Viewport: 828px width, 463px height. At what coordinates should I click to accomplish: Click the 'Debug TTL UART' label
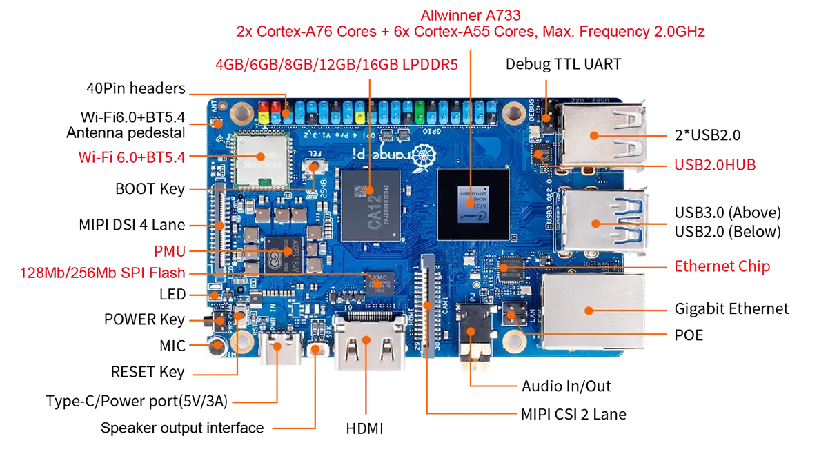point(563,64)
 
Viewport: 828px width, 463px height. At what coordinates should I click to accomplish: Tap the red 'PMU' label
point(170,251)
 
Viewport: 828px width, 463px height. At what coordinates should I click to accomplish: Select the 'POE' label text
point(689,335)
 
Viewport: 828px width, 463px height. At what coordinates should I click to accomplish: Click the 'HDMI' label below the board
point(364,428)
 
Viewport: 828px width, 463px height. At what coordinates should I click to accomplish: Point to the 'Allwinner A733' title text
point(471,15)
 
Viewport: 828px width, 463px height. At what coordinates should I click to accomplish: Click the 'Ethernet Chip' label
point(722,266)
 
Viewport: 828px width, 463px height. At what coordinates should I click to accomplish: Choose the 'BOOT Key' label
point(150,189)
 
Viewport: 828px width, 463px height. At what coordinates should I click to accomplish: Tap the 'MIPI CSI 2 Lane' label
point(573,414)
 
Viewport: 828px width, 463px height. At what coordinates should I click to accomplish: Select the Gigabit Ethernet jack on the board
point(593,311)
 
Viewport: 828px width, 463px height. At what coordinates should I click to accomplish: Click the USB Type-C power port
point(281,346)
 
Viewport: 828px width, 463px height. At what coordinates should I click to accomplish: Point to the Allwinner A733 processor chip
point(473,205)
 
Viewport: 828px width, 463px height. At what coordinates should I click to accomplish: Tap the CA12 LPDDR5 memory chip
point(371,206)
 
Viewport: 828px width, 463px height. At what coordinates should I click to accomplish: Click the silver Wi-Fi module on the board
point(262,160)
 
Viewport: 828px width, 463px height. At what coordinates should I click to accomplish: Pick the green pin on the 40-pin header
point(420,112)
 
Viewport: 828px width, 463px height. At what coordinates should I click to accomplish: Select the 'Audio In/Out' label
point(566,386)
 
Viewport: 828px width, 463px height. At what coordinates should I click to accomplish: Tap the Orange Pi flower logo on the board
point(423,157)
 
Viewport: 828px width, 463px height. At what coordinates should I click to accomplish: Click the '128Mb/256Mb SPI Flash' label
point(102,273)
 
